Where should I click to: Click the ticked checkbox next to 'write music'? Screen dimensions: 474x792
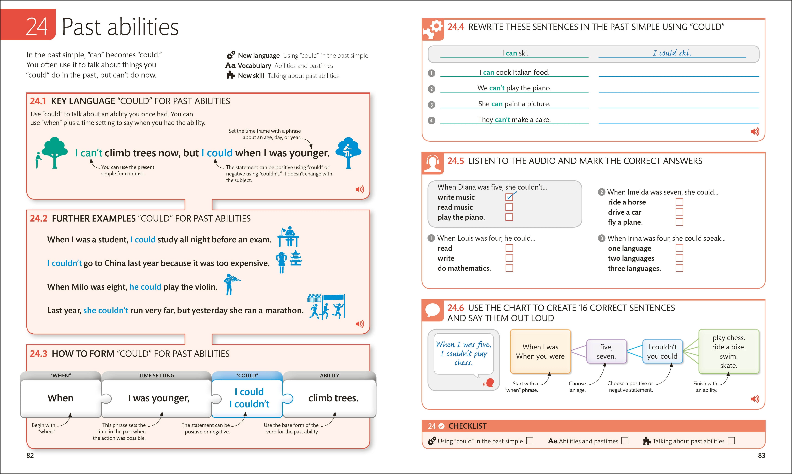pyautogui.click(x=509, y=197)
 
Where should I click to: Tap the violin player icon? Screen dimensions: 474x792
pyautogui.click(x=231, y=284)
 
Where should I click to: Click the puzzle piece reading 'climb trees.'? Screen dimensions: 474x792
pyautogui.click(x=333, y=398)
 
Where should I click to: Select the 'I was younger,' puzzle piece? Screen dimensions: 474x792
pyautogui.click(x=158, y=398)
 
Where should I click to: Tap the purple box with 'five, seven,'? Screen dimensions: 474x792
pyautogui.click(x=606, y=351)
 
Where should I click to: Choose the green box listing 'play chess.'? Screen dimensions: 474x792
pyautogui.click(x=728, y=351)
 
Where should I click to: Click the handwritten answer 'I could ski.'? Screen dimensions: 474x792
pyautogui.click(x=672, y=53)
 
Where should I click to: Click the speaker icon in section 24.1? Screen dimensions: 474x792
pyautogui.click(x=360, y=189)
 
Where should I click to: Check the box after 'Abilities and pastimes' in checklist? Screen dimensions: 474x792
pyautogui.click(x=625, y=441)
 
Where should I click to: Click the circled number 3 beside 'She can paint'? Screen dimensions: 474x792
pyautogui.click(x=431, y=104)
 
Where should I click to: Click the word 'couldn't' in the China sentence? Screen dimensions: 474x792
pyautogui.click(x=67, y=263)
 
